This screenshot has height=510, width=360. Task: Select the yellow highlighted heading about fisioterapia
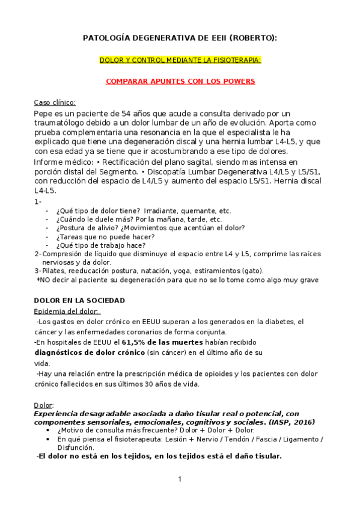pos(180,60)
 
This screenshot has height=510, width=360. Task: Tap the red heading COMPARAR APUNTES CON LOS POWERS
pos(180,81)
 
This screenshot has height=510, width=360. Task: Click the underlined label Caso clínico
pos(55,102)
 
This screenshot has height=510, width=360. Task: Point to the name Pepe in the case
pos(44,113)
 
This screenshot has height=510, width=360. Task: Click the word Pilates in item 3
pos(52,271)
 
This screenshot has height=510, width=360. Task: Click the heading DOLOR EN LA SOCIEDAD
pos(79,300)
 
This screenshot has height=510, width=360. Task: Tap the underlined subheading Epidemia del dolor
pos(67,311)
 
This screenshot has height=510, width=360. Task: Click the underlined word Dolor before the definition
pos(43,405)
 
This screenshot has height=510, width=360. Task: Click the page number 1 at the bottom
pos(179,479)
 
